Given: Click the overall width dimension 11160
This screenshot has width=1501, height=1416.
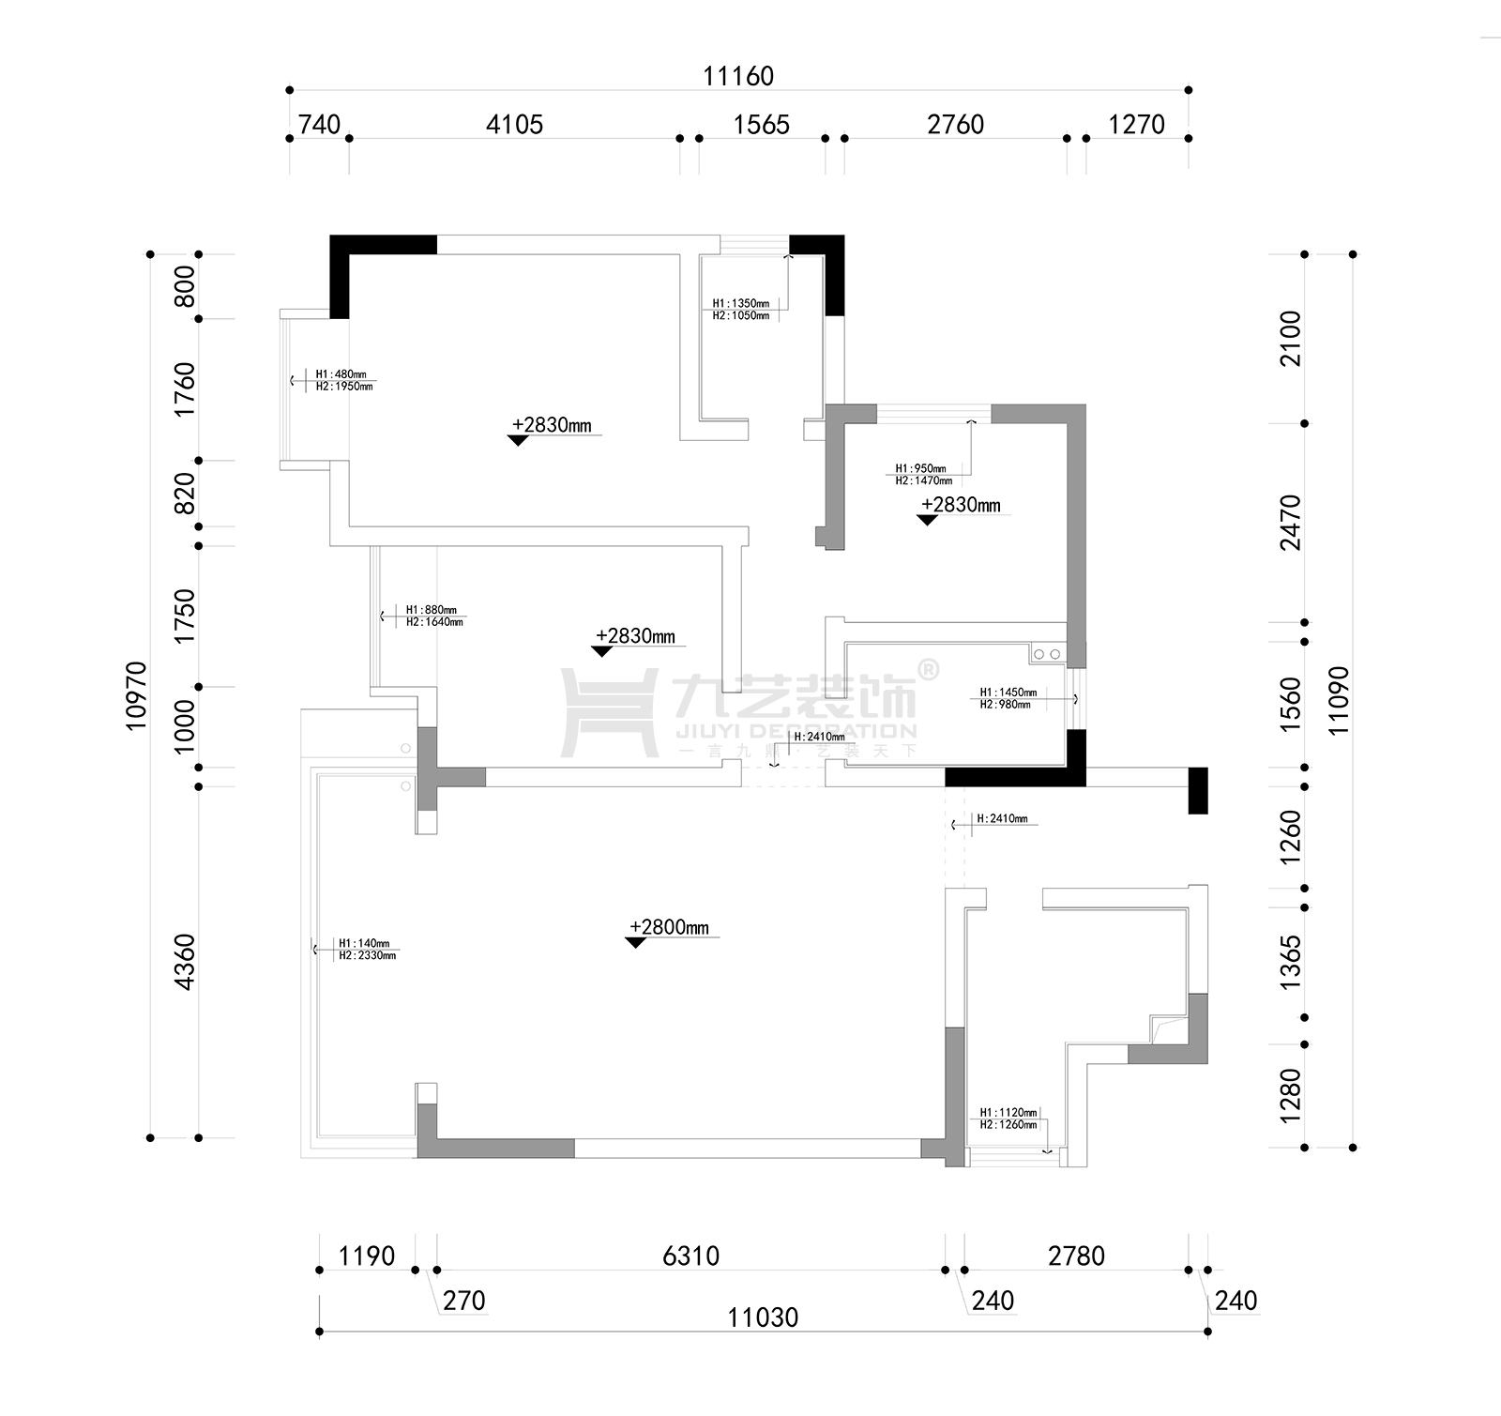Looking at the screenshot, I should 738,76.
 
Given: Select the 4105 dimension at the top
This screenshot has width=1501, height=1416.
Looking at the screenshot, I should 514,125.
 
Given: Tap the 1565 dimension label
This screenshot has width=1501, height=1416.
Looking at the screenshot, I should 761,125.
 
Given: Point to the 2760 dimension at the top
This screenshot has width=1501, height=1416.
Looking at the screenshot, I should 955,125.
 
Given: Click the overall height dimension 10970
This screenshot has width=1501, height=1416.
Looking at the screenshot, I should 137,695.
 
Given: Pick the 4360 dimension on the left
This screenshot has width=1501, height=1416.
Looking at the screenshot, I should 185,961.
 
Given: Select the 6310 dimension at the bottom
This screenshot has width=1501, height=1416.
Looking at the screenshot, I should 690,1256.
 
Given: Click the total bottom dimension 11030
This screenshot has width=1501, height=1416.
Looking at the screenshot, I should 763,1317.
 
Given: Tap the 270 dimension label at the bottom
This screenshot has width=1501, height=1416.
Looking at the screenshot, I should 463,1301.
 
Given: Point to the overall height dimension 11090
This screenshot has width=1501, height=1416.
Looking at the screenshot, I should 1339,700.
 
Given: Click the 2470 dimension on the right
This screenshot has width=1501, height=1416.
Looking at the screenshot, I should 1291,523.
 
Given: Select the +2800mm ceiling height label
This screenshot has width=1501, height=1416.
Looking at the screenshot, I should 669,927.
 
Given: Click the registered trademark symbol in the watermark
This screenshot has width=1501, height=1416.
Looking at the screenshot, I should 926,669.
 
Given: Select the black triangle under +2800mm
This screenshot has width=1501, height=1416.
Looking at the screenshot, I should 635,943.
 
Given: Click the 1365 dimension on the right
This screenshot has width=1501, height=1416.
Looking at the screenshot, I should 1291,961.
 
